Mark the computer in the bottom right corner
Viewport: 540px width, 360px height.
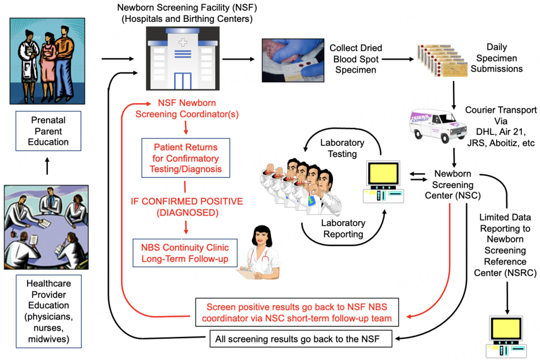509,336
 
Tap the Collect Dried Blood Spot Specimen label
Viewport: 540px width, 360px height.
352,59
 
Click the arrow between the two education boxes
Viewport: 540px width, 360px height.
48,166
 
